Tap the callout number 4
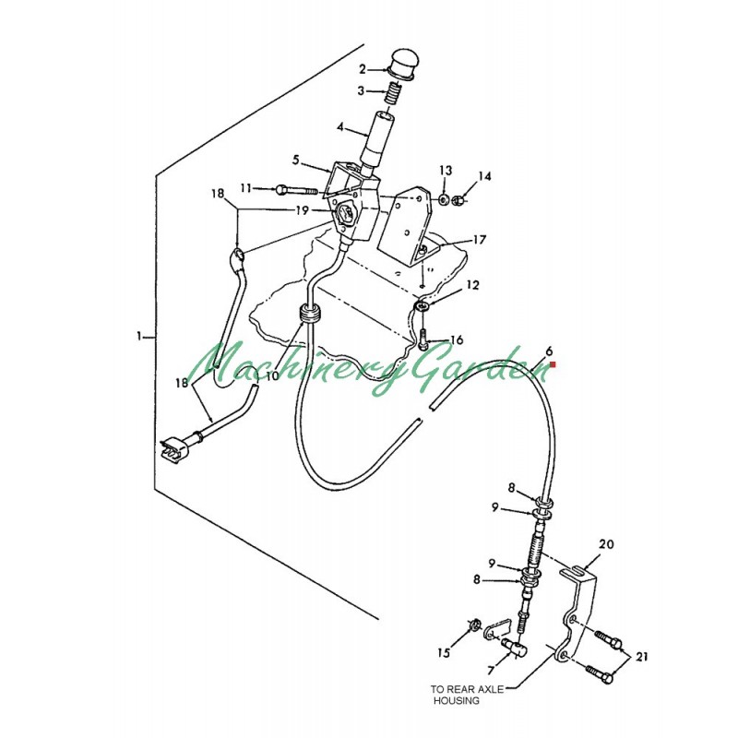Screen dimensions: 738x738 [340, 127]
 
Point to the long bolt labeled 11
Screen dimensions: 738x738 [298, 190]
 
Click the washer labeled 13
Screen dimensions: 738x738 [443, 200]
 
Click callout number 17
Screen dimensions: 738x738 [479, 240]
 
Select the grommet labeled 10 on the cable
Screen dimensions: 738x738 [310, 314]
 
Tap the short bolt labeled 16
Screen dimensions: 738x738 [423, 339]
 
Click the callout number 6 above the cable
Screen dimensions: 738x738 [549, 351]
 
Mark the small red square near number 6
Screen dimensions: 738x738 [553, 363]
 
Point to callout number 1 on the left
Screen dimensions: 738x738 [139, 337]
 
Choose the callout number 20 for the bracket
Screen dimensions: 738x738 [606, 544]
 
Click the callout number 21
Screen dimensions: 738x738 [641, 657]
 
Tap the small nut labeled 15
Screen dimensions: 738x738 [474, 625]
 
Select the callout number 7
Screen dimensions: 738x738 [491, 671]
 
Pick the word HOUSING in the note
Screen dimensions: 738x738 [457, 701]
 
